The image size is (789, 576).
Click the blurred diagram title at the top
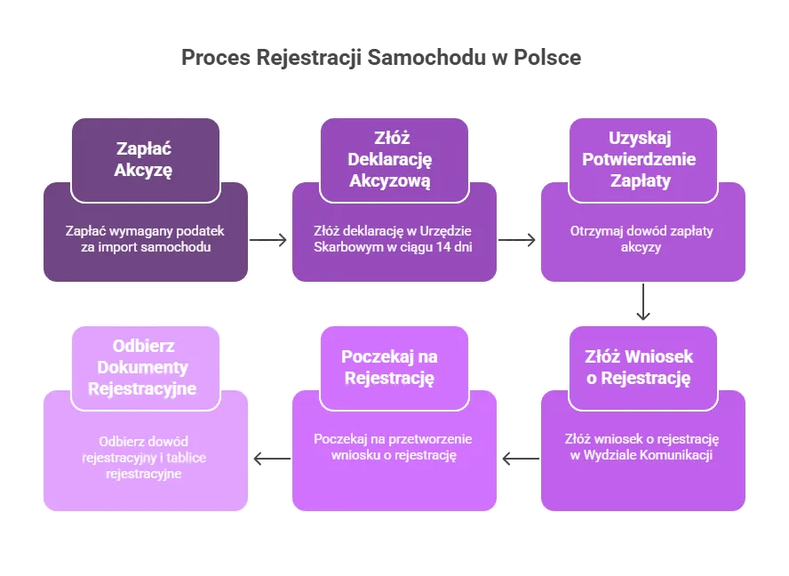pyautogui.click(x=380, y=57)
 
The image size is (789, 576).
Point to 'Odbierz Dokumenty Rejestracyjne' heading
pyautogui.click(x=145, y=367)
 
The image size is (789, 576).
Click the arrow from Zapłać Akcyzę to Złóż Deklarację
pyautogui.click(x=269, y=238)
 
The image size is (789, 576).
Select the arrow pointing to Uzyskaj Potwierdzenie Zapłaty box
pyautogui.click(x=518, y=238)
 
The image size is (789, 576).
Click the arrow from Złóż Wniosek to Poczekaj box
pyautogui.click(x=520, y=459)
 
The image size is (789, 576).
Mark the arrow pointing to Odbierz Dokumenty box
pyautogui.click(x=270, y=459)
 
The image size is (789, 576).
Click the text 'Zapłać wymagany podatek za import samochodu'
pyautogui.click(x=145, y=238)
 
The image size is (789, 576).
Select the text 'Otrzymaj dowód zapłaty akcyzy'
pyautogui.click(x=642, y=238)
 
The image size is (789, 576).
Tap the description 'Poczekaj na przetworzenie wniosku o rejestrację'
pyautogui.click(x=393, y=447)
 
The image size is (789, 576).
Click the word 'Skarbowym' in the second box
pyautogui.click(x=345, y=247)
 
